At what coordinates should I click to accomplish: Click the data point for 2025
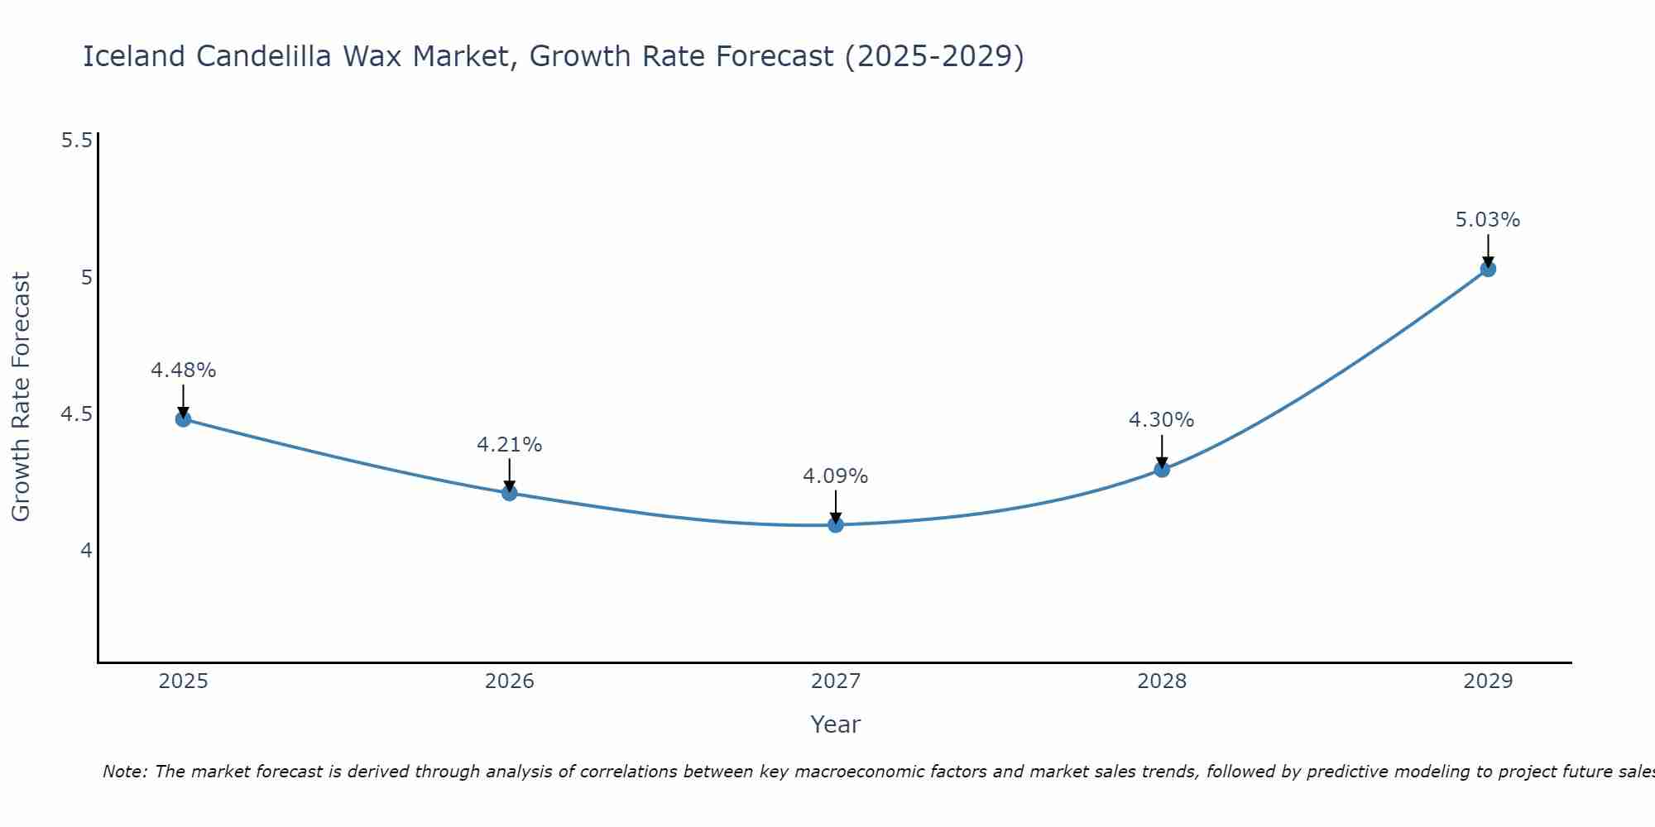183,419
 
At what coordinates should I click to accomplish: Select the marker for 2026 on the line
510,493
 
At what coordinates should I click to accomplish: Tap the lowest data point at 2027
836,524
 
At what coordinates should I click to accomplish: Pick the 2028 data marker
1162,469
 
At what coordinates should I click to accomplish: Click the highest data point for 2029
1488,269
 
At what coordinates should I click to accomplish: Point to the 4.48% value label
183,370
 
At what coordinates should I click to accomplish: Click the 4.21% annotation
510,445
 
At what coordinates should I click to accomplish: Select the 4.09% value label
836,476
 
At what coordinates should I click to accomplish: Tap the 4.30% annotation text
1162,420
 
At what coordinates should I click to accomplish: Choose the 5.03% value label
1488,220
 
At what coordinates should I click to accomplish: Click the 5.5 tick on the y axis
76,141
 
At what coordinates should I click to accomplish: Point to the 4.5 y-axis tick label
76,413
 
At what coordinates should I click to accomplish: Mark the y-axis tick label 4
86,550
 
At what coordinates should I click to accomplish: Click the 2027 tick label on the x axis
836,681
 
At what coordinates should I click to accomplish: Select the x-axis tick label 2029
1488,681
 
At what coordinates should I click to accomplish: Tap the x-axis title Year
836,724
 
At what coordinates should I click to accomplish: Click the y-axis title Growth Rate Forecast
21,397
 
